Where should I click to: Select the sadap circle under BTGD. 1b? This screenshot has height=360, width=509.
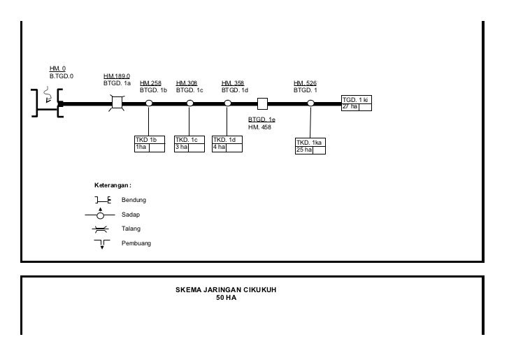(149, 103)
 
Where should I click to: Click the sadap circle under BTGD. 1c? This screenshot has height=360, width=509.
(189, 103)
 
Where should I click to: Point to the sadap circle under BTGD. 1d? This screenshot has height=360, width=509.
(227, 103)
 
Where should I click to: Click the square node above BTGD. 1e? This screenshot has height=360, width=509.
(262, 103)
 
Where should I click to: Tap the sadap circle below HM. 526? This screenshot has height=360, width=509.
(310, 103)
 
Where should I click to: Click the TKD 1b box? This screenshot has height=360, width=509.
(150, 143)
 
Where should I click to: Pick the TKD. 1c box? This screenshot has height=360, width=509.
(189, 143)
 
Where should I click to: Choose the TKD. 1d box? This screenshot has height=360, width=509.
(227, 143)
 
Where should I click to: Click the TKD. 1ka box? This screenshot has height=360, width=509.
(310, 146)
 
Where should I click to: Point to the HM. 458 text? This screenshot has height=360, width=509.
(259, 127)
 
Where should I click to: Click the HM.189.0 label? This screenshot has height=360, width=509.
(117, 75)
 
